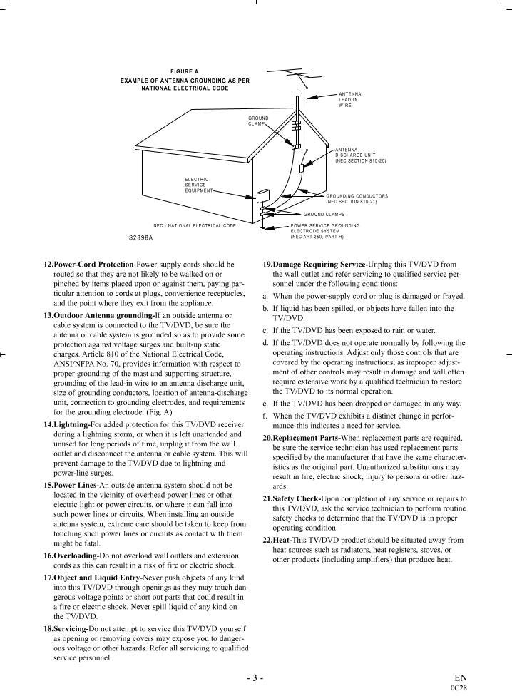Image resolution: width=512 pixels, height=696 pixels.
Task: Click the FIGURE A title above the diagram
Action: click(185, 72)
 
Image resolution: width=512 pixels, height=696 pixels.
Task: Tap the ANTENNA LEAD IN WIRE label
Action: click(349, 100)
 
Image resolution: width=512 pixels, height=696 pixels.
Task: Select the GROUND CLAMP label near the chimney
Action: click(258, 121)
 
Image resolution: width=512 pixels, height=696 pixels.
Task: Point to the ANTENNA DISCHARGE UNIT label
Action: click(360, 155)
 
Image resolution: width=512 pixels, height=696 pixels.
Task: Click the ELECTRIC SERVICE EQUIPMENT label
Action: click(197, 185)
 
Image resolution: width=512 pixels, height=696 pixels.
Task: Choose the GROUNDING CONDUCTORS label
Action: click(357, 198)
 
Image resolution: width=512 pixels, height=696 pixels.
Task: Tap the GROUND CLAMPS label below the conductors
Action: click(324, 213)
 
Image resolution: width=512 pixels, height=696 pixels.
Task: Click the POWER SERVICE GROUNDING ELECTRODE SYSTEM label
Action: click(324, 230)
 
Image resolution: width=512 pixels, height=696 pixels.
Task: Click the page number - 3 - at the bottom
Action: click(255, 677)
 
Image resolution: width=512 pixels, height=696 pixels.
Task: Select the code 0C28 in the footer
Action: click(459, 688)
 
